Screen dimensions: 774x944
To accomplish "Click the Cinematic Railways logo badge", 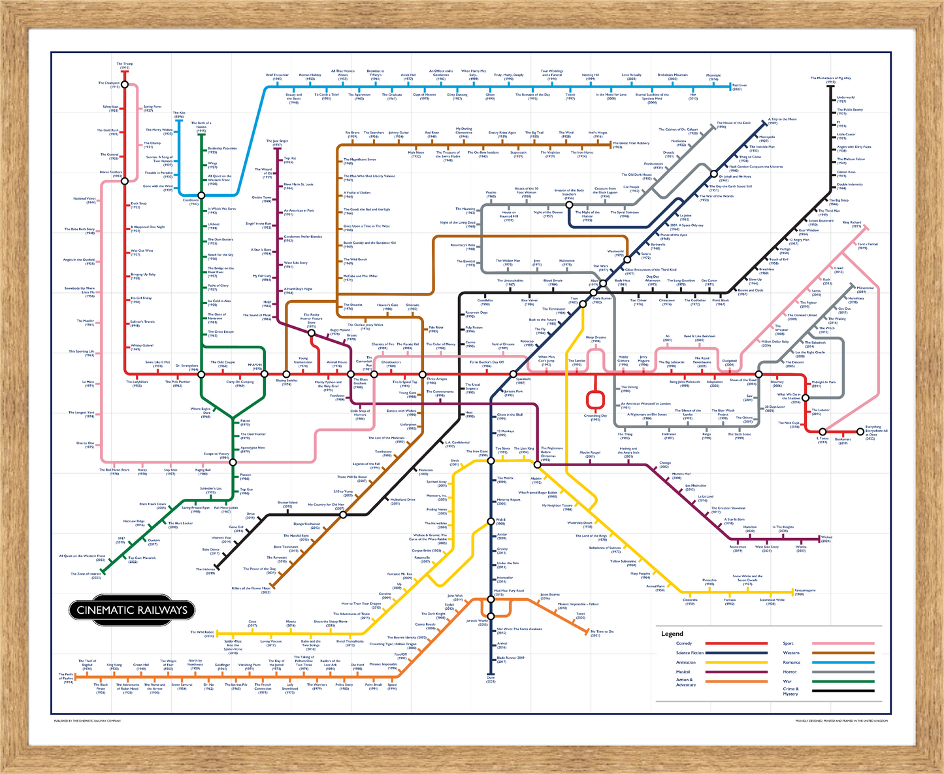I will point(132,610).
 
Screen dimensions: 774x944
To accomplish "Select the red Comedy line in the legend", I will point(736,644).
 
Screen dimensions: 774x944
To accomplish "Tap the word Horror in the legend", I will point(789,671).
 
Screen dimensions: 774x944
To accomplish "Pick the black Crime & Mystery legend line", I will point(843,690).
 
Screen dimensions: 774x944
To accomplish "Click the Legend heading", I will point(672,633).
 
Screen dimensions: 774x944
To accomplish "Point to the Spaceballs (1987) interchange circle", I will point(513,374).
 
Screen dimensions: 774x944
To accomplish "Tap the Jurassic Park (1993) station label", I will point(513,392).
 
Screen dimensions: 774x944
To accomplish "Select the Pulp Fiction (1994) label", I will point(474,329).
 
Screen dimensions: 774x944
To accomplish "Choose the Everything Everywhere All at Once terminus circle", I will point(860,431).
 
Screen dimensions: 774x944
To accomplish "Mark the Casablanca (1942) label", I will point(190,202).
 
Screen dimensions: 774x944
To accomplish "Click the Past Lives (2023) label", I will point(740,86).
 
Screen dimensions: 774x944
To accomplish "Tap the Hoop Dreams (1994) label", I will point(596,339).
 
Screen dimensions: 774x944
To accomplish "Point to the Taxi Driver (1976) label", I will point(638,302).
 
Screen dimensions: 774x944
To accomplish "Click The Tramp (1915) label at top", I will point(125,65).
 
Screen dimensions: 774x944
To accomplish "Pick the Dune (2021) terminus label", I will point(491,680).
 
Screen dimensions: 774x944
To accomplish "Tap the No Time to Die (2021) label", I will point(602,633).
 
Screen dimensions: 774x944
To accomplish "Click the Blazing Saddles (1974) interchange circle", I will point(286,374).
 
